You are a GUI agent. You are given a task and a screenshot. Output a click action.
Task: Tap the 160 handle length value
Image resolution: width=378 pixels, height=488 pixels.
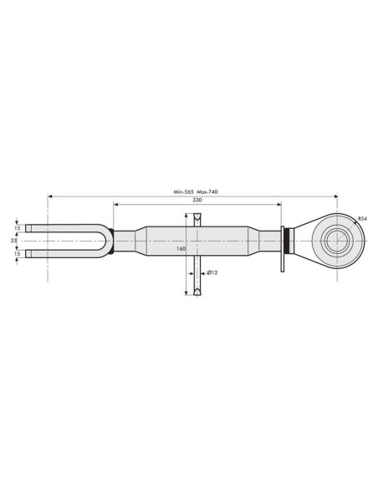point(181,248)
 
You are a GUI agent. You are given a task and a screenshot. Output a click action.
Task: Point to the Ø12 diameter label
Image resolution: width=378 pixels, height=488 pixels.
point(212,272)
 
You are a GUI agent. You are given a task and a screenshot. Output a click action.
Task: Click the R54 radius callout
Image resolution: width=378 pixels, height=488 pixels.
point(361,218)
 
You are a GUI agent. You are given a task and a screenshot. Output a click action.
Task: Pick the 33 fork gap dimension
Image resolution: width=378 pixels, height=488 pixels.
point(14,241)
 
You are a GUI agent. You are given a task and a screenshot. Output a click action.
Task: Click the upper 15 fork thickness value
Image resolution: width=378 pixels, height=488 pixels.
point(17,227)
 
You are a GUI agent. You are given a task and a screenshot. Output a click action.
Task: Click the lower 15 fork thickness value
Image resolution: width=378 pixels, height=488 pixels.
point(17,254)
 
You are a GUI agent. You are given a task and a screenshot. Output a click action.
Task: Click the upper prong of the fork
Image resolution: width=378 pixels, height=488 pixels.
point(59,227)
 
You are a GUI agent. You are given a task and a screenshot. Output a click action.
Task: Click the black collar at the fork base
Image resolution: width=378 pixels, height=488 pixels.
point(112,241)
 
